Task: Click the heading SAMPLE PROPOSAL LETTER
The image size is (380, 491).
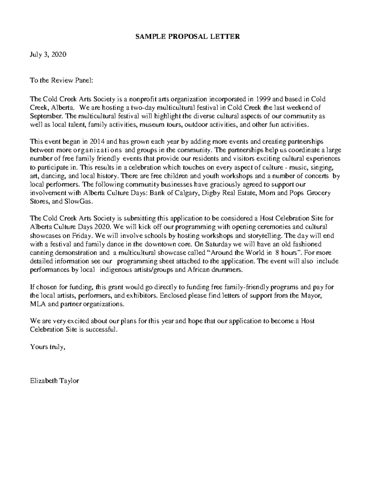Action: tap(187, 36)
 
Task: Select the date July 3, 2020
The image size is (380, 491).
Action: tap(48, 54)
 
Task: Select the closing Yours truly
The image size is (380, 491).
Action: tap(47, 347)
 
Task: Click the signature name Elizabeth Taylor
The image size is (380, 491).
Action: tap(54, 381)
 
